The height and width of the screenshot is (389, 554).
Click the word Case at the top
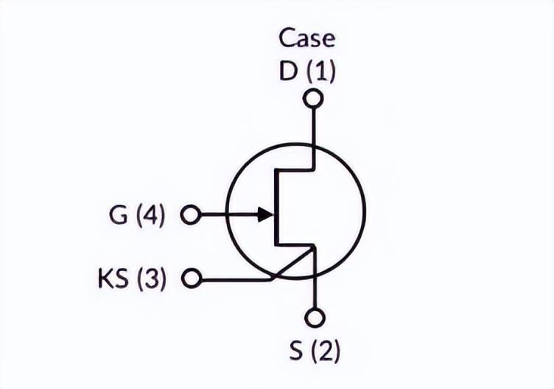coord(306,38)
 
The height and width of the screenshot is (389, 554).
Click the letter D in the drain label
coord(287,71)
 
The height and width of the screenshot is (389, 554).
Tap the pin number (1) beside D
coord(320,71)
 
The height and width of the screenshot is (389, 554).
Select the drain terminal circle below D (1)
coord(313,98)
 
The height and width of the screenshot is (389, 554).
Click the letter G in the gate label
coord(118,215)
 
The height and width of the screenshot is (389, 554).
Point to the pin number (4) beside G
coord(151,216)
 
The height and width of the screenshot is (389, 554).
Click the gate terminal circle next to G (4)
coord(191,214)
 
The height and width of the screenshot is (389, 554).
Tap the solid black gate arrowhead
coord(265,214)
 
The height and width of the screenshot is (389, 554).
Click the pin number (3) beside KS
coord(151,279)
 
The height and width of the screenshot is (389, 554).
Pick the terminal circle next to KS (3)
coord(192,278)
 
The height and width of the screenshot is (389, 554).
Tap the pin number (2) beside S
coord(326,351)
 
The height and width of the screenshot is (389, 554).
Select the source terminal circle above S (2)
coord(315,318)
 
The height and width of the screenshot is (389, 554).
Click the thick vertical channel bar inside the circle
coord(276,208)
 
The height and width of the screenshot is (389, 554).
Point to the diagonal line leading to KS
coord(292,264)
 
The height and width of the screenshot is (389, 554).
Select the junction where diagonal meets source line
coord(314,248)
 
